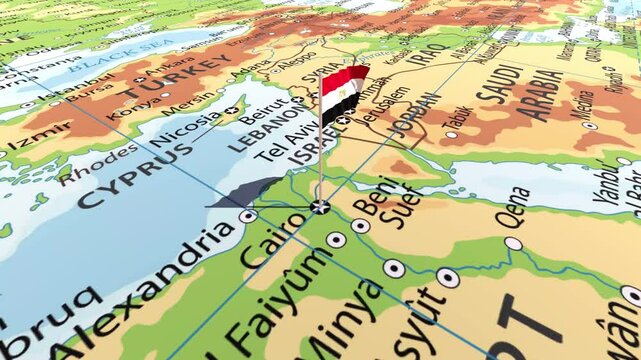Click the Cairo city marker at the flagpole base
click(320, 206)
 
